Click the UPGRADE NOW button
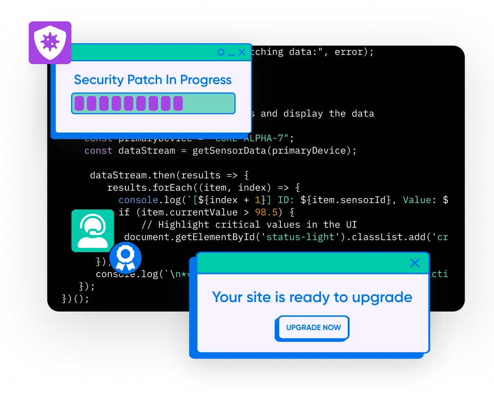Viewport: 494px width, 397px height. (x=313, y=328)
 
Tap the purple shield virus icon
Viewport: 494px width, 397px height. (x=50, y=43)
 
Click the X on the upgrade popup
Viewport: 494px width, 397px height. (x=415, y=263)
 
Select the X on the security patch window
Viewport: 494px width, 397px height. (x=242, y=52)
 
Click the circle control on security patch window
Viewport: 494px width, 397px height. (x=221, y=52)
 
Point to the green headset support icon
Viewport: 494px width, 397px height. (x=93, y=231)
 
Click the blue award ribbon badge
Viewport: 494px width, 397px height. (x=126, y=258)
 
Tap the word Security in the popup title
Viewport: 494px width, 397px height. (x=97, y=80)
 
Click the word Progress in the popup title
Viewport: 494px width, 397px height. (x=205, y=80)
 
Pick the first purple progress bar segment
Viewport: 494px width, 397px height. (x=79, y=103)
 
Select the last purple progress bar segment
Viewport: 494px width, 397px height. (x=178, y=103)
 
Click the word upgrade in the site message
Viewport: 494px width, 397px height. (x=382, y=297)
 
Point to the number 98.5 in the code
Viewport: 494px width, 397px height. (x=266, y=212)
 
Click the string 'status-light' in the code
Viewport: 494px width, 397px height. (x=300, y=237)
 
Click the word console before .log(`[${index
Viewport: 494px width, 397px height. (x=138, y=200)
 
